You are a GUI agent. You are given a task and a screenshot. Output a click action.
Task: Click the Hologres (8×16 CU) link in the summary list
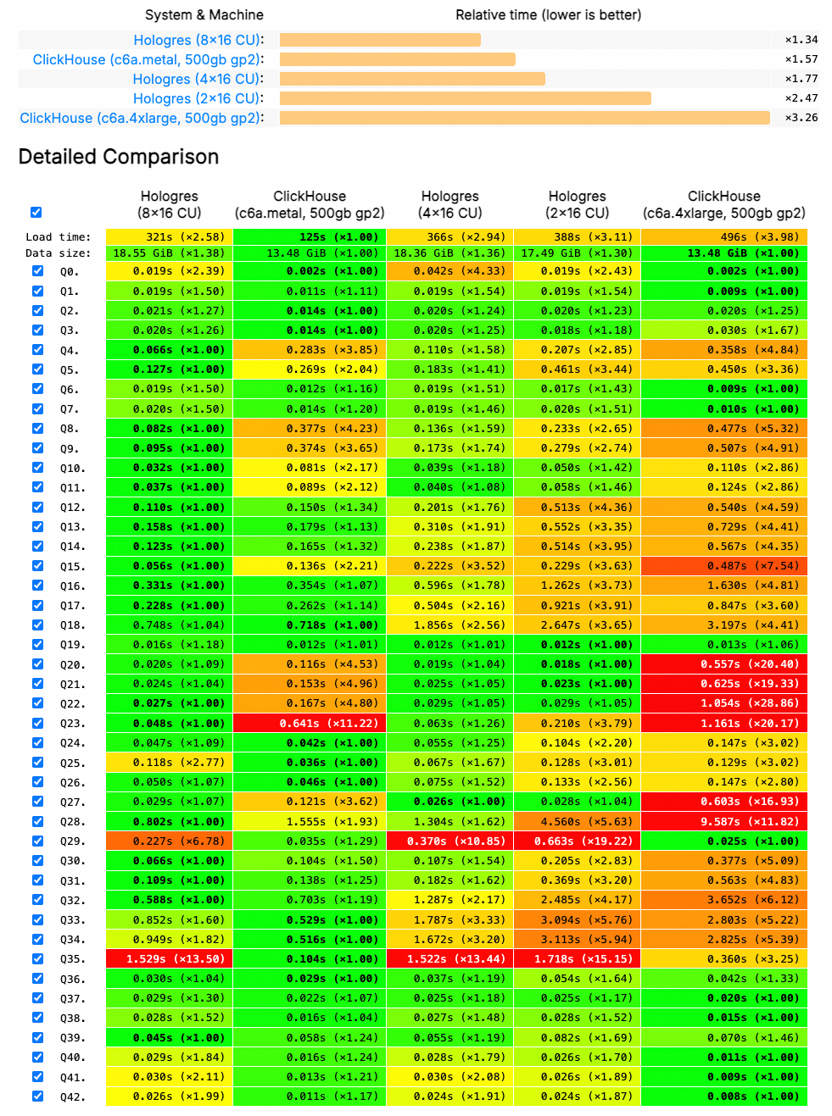point(198,40)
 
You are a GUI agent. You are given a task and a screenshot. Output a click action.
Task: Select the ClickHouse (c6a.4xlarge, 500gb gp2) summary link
point(141,118)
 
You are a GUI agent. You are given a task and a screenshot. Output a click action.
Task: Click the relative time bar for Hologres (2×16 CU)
point(465,98)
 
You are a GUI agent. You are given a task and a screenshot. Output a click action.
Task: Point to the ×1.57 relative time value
point(801,59)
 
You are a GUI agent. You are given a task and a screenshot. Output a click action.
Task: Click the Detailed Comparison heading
point(119,157)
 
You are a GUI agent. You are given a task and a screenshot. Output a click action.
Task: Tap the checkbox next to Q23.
point(37,723)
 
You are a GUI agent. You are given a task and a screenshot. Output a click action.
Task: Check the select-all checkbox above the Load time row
point(36,212)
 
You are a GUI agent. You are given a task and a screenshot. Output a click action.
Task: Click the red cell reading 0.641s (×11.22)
point(310,724)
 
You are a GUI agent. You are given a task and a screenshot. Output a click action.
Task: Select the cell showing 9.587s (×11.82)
point(724,822)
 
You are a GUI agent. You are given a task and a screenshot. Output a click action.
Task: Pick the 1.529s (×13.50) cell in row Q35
point(170,959)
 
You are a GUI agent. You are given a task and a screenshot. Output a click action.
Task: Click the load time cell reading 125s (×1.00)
point(310,237)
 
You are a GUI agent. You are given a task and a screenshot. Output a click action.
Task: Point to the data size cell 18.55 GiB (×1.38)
point(170,253)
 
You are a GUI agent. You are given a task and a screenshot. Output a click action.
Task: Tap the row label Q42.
point(72,1097)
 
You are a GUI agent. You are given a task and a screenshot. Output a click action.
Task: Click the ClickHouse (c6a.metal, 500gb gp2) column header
point(310,204)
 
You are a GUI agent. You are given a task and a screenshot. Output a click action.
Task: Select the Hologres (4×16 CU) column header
point(450,204)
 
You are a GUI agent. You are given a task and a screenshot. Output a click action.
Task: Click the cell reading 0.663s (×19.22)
point(578,841)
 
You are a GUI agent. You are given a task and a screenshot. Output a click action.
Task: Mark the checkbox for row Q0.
point(37,271)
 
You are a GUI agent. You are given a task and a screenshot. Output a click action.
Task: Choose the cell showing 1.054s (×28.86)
point(724,703)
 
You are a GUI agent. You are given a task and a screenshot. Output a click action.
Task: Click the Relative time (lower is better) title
point(548,15)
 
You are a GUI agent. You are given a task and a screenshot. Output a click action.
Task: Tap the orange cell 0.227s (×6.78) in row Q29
point(170,841)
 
